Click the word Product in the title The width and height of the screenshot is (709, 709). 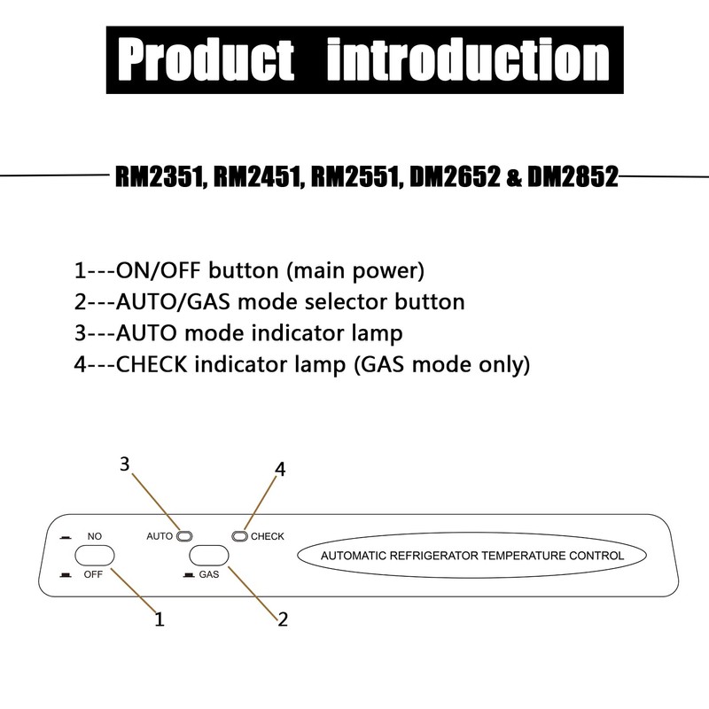pyautogui.click(x=207, y=60)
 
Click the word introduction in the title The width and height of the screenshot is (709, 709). pyautogui.click(x=468, y=60)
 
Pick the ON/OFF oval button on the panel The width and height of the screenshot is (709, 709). pyautogui.click(x=95, y=556)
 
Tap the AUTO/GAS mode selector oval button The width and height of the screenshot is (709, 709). pyautogui.click(x=209, y=556)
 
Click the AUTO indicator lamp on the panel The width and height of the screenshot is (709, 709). pyautogui.click(x=184, y=535)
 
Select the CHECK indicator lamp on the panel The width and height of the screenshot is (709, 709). pyautogui.click(x=239, y=535)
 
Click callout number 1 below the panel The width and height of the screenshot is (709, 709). pyautogui.click(x=160, y=619)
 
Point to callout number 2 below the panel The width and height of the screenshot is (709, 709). pyautogui.click(x=283, y=619)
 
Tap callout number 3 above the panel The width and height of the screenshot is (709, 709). pyautogui.click(x=125, y=464)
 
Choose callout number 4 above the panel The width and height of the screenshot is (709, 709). pyautogui.click(x=280, y=471)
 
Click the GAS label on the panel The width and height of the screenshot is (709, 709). pyautogui.click(x=209, y=574)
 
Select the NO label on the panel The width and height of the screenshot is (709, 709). pyautogui.click(x=95, y=537)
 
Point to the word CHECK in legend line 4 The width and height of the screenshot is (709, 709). pyautogui.click(x=149, y=363)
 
